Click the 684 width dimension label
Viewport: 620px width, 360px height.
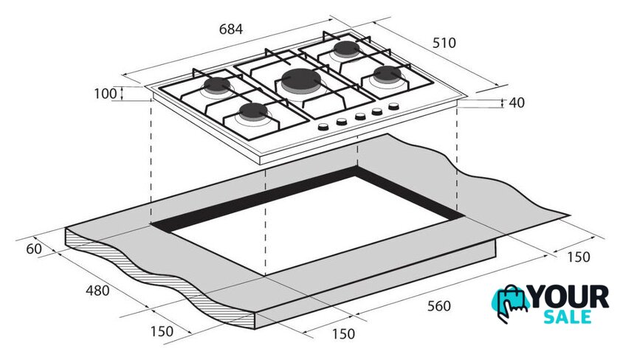[x=231, y=29]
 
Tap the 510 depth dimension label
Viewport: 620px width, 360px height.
[x=444, y=43]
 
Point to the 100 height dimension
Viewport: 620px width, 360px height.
[x=105, y=94]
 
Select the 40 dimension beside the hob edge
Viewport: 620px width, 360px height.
[x=517, y=103]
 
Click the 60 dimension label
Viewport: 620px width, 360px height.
[x=34, y=249]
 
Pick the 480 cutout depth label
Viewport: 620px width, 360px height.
[x=97, y=291]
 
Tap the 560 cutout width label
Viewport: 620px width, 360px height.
[x=439, y=306]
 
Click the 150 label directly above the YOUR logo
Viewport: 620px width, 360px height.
[x=579, y=257]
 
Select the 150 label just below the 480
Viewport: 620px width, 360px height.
[x=162, y=331]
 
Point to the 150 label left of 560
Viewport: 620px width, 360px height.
[x=343, y=334]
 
